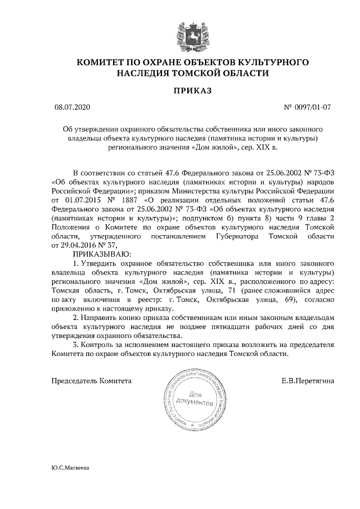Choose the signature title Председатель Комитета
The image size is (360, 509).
click(x=92, y=381)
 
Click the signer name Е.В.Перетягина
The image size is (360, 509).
click(x=308, y=381)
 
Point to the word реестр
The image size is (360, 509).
click(x=147, y=300)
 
